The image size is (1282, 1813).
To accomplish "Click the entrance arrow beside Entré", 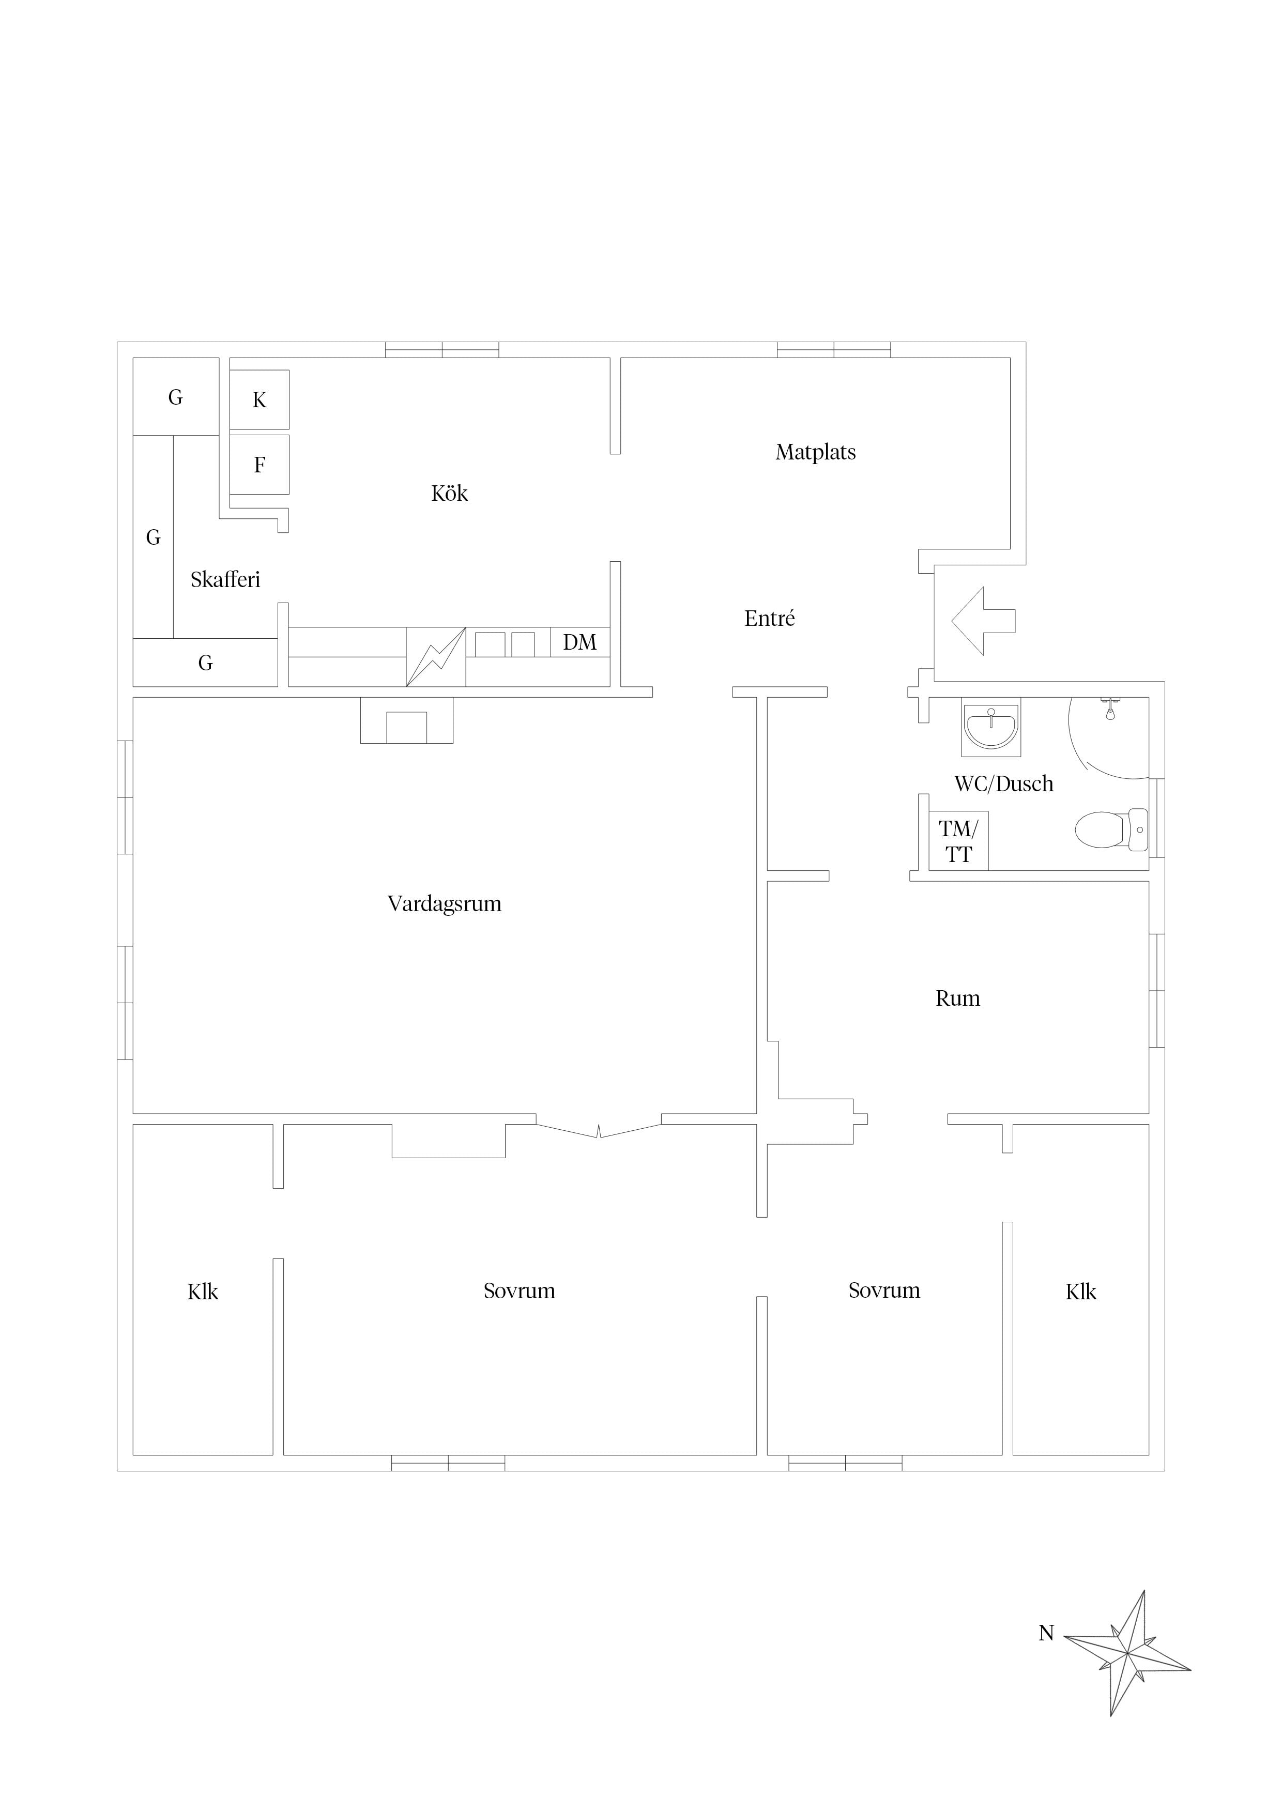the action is [x=983, y=621].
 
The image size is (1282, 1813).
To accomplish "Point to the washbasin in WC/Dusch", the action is [x=991, y=727].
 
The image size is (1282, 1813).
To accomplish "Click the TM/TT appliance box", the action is [x=958, y=841].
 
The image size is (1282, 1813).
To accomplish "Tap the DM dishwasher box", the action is [x=581, y=642].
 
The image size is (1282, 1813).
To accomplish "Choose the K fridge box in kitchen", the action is [x=259, y=400].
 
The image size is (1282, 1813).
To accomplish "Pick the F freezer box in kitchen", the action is [x=259, y=464].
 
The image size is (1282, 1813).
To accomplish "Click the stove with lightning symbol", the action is [x=436, y=657].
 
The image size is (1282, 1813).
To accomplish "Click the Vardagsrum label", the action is [x=445, y=903].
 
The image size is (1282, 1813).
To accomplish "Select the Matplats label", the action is [x=816, y=452].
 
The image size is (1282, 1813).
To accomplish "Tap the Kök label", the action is [x=449, y=494].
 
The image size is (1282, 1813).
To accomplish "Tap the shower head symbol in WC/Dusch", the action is [x=1110, y=709].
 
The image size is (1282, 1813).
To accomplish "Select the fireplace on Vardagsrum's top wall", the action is [x=407, y=720].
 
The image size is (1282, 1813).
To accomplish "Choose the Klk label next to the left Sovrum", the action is [x=203, y=1292].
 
